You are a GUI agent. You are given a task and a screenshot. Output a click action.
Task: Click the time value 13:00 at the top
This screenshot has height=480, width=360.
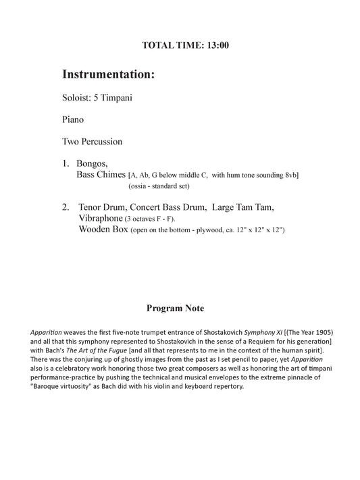215,46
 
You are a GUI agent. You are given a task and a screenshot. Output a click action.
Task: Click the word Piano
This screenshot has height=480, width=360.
74,119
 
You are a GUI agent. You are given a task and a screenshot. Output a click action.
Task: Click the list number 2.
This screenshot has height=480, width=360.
65,207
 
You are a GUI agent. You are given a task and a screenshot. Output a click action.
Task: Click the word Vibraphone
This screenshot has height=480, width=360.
101,219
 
